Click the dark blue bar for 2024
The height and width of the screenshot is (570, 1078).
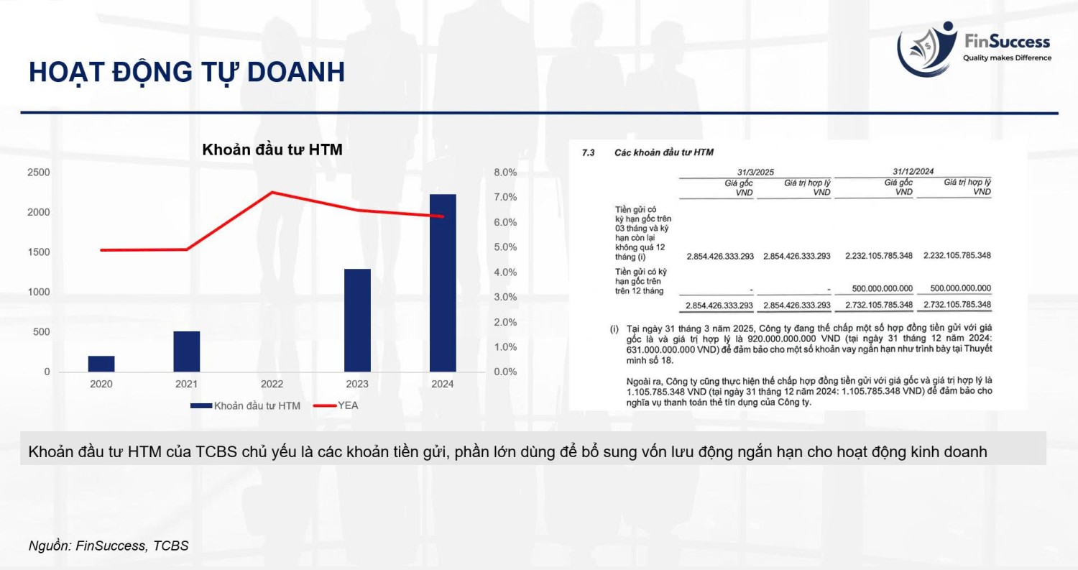[x=443, y=283]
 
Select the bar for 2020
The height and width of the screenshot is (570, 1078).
[x=101, y=364]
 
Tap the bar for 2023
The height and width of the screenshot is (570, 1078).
[x=358, y=320]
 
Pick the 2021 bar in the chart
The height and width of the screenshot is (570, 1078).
[x=187, y=351]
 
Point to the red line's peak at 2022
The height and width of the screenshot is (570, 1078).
[x=272, y=193]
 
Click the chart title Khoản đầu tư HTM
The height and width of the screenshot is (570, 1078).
[x=272, y=150]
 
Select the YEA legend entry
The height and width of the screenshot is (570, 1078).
[x=336, y=405]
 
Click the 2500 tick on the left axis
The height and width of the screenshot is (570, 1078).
[x=39, y=173]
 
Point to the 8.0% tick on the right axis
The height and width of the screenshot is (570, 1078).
[x=505, y=173]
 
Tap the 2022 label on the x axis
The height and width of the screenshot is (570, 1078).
[x=272, y=384]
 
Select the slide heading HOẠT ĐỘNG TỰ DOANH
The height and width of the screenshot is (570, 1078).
[x=187, y=72]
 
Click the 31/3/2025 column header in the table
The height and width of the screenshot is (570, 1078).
[x=755, y=172]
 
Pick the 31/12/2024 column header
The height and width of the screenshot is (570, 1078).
[x=913, y=171]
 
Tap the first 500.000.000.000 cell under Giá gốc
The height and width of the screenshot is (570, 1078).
[x=882, y=288]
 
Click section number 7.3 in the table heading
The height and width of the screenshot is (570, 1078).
[x=588, y=152]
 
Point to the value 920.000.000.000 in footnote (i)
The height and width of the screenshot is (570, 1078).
[x=782, y=339]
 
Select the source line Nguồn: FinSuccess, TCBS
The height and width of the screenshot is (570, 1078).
[x=109, y=546]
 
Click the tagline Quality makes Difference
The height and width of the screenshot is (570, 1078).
[x=1007, y=58]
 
